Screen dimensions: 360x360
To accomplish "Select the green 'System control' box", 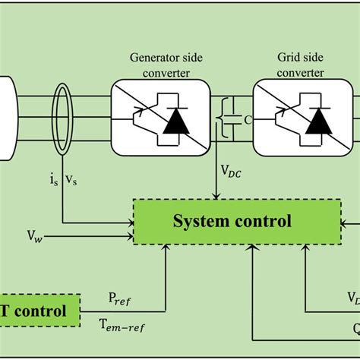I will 232,222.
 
